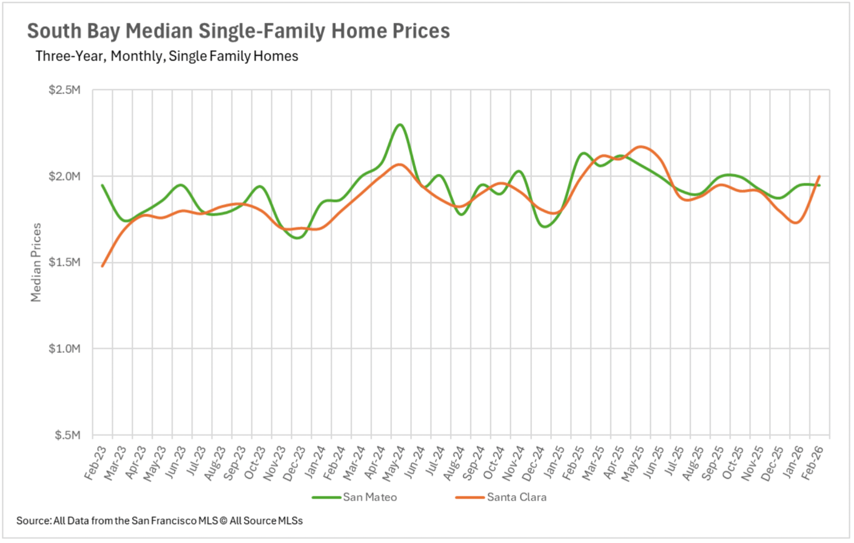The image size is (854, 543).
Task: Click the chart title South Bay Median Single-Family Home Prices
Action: [x=238, y=31]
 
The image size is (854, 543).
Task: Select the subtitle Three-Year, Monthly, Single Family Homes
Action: [x=167, y=56]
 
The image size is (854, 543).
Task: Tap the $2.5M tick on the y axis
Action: [x=64, y=90]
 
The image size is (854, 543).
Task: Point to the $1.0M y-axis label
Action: [x=64, y=349]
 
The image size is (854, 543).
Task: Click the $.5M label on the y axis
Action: [x=67, y=435]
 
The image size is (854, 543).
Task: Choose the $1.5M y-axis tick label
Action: [x=64, y=262]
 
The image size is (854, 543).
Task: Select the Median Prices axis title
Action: [x=36, y=262]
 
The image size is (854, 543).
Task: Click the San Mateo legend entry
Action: [x=369, y=497]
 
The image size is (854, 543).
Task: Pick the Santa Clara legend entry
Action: [x=516, y=497]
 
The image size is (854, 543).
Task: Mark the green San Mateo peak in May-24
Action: [x=400, y=125]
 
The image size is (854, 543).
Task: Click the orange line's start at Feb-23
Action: [x=102, y=266]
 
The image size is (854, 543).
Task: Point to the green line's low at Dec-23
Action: [x=297, y=238]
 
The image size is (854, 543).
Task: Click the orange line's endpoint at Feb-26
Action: [x=820, y=176]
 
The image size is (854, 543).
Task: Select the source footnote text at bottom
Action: [x=160, y=521]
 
